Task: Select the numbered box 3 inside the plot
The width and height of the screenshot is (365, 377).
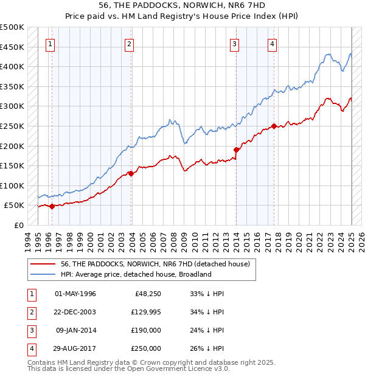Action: point(234,43)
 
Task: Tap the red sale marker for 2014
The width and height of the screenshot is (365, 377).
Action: point(235,149)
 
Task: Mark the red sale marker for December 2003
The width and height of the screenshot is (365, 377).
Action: point(131,173)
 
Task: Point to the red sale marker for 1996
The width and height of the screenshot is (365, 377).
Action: point(52,206)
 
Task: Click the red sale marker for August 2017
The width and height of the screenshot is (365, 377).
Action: point(274,126)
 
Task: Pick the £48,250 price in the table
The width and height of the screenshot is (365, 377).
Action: point(147,294)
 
